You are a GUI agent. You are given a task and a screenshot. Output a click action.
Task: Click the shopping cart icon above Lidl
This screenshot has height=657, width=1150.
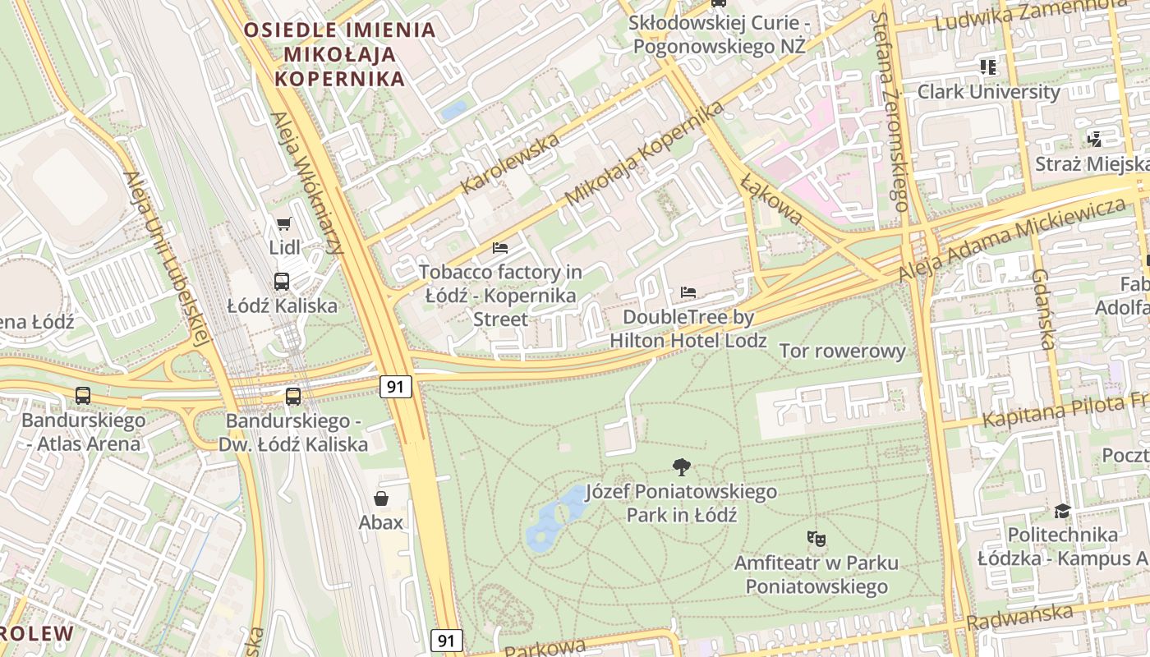coord(284,223)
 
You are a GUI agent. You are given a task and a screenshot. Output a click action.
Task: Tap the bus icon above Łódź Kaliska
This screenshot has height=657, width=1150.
coord(282,282)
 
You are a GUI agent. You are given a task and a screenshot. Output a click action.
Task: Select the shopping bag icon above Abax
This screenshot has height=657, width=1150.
coord(381,498)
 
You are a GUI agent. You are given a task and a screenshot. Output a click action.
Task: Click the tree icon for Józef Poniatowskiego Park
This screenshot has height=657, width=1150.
coord(681,467)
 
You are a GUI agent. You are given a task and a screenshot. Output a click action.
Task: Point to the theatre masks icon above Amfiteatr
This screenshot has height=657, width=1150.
coord(816,539)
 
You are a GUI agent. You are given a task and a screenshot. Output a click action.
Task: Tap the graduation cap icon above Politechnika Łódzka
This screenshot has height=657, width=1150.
coord(1062,511)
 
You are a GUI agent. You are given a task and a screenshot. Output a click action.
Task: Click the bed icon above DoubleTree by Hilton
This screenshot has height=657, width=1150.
coord(688,292)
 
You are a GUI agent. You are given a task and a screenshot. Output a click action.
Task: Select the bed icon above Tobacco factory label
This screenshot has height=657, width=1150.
coord(500,247)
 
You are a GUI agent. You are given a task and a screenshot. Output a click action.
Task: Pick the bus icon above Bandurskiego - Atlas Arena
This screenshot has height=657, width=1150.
coord(83,395)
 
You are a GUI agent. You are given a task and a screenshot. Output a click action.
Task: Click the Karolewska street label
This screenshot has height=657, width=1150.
coord(510,162)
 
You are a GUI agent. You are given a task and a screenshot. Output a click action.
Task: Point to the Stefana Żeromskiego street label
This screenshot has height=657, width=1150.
coord(890,111)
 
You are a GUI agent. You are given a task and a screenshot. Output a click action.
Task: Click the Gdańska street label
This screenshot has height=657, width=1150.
coord(1043,309)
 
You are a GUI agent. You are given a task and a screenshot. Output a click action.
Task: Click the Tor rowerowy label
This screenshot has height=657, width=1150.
coord(842,351)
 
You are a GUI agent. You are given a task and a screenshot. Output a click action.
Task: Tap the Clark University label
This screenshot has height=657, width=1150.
coord(988,91)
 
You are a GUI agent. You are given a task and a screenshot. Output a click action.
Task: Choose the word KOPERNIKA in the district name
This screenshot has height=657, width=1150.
coord(340,79)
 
